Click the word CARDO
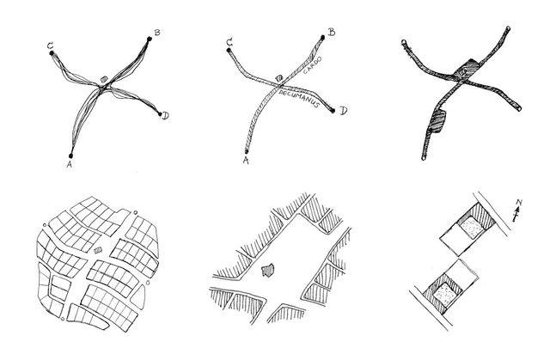coord(312,65)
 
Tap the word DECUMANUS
coord(299,99)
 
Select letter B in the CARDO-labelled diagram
coord(331,33)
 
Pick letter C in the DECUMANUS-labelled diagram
coord(229,43)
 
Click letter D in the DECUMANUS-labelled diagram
coord(343,111)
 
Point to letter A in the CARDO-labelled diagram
coord(246,161)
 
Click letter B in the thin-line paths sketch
coord(157,33)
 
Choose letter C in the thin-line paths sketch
coord(51,46)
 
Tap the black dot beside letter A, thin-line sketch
coord(70,156)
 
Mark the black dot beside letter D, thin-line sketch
coord(161,114)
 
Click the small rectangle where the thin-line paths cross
coord(104,80)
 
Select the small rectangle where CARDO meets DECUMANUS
coord(279,78)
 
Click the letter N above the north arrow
coord(519,202)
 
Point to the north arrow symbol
coord(516,214)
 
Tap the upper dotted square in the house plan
coord(471,228)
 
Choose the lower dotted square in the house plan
coord(445,294)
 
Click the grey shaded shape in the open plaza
coord(268,271)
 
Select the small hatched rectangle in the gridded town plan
coord(98,250)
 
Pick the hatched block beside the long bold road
coord(437,122)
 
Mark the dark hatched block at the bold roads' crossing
coord(466,70)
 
